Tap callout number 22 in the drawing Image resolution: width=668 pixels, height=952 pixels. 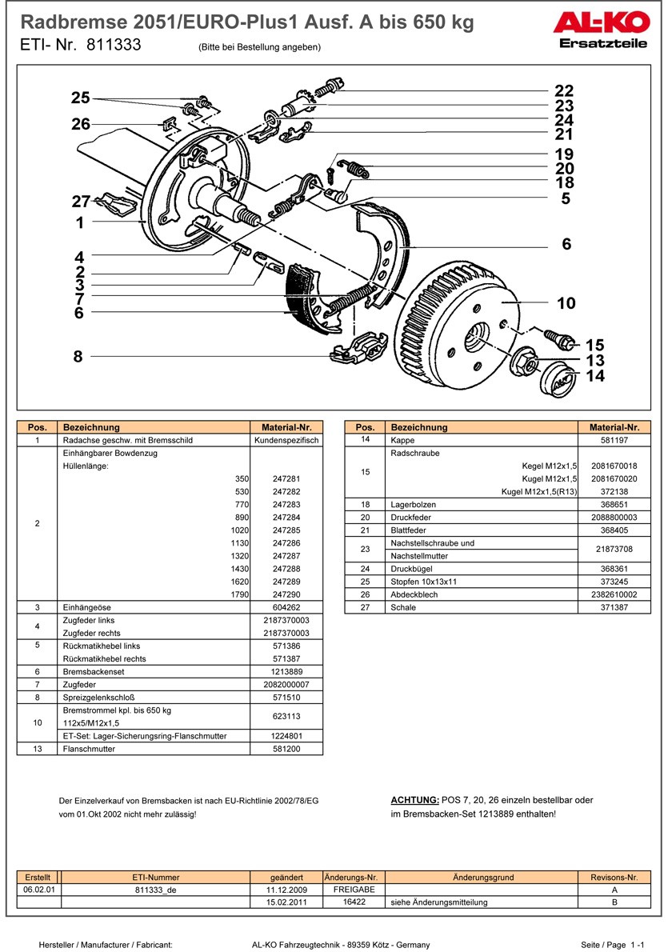point(564,91)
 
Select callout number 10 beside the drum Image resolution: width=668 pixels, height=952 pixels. point(566,303)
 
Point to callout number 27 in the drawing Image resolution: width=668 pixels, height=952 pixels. point(81,202)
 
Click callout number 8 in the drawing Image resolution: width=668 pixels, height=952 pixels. point(78,357)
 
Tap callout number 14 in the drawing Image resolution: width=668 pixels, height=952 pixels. point(594,376)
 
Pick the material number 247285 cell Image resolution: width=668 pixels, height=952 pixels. point(286,530)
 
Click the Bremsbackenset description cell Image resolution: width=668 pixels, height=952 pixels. point(155,671)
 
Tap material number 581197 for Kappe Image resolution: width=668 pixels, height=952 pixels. point(614,440)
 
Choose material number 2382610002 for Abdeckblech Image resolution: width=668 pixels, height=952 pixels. point(614,595)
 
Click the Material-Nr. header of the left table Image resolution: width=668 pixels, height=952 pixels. point(286,427)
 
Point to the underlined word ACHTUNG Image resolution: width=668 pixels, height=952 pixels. point(414,800)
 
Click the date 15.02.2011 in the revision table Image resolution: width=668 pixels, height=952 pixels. point(286,902)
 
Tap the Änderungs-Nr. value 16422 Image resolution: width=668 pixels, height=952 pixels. point(354,902)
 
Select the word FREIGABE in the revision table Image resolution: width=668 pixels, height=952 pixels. point(354,890)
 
